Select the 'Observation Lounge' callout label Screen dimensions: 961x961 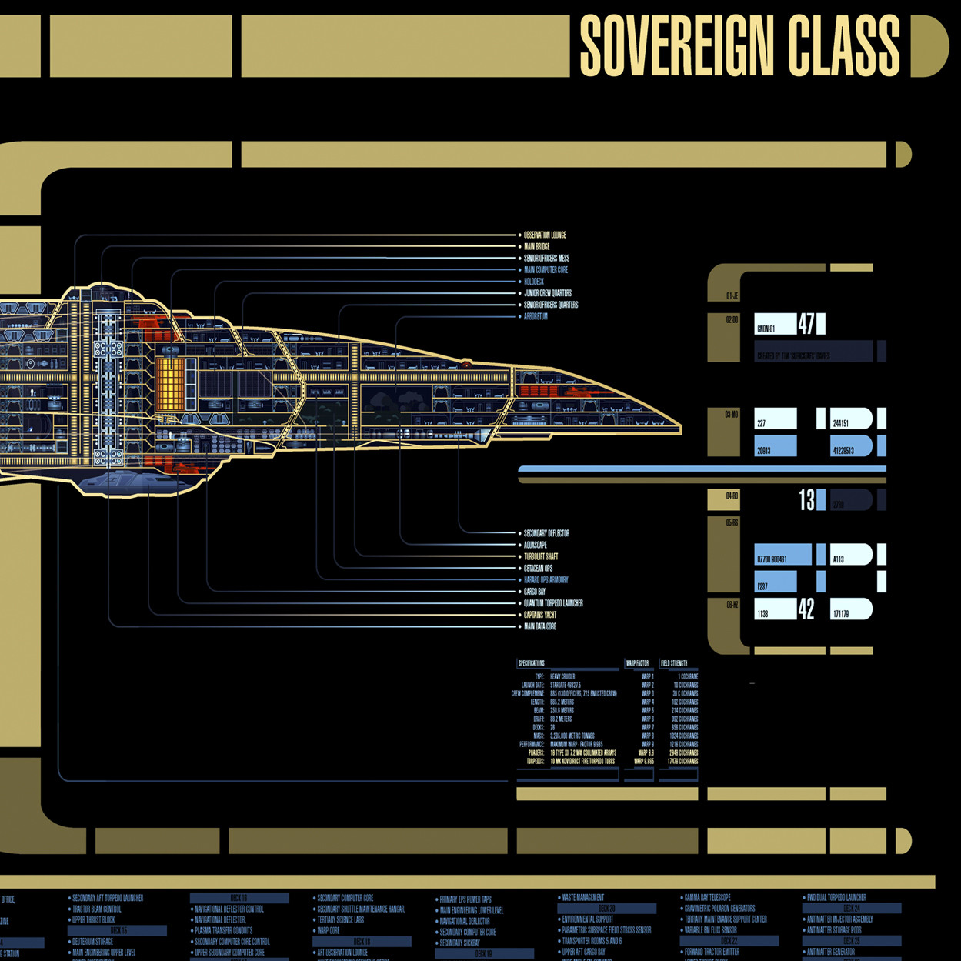[545, 235]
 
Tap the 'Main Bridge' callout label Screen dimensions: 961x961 [537, 246]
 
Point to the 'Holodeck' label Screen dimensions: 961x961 [534, 282]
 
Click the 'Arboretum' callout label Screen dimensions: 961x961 [536, 316]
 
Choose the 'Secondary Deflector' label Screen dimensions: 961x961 [546, 533]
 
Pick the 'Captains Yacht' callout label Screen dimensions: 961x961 [540, 615]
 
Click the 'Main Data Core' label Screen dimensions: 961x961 [540, 626]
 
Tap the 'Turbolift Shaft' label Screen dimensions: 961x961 [541, 556]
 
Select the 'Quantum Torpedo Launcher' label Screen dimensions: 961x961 [553, 603]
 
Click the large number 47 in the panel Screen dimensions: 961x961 [806, 324]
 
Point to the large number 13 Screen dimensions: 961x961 [806, 501]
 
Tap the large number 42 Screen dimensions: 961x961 [806, 609]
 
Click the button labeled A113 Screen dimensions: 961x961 [850, 556]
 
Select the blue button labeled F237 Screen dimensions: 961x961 [776, 582]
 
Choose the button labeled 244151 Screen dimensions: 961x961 [850, 419]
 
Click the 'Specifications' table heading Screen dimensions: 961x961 [532, 663]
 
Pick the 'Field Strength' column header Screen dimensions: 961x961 [674, 663]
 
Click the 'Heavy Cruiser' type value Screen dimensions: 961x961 [562, 676]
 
